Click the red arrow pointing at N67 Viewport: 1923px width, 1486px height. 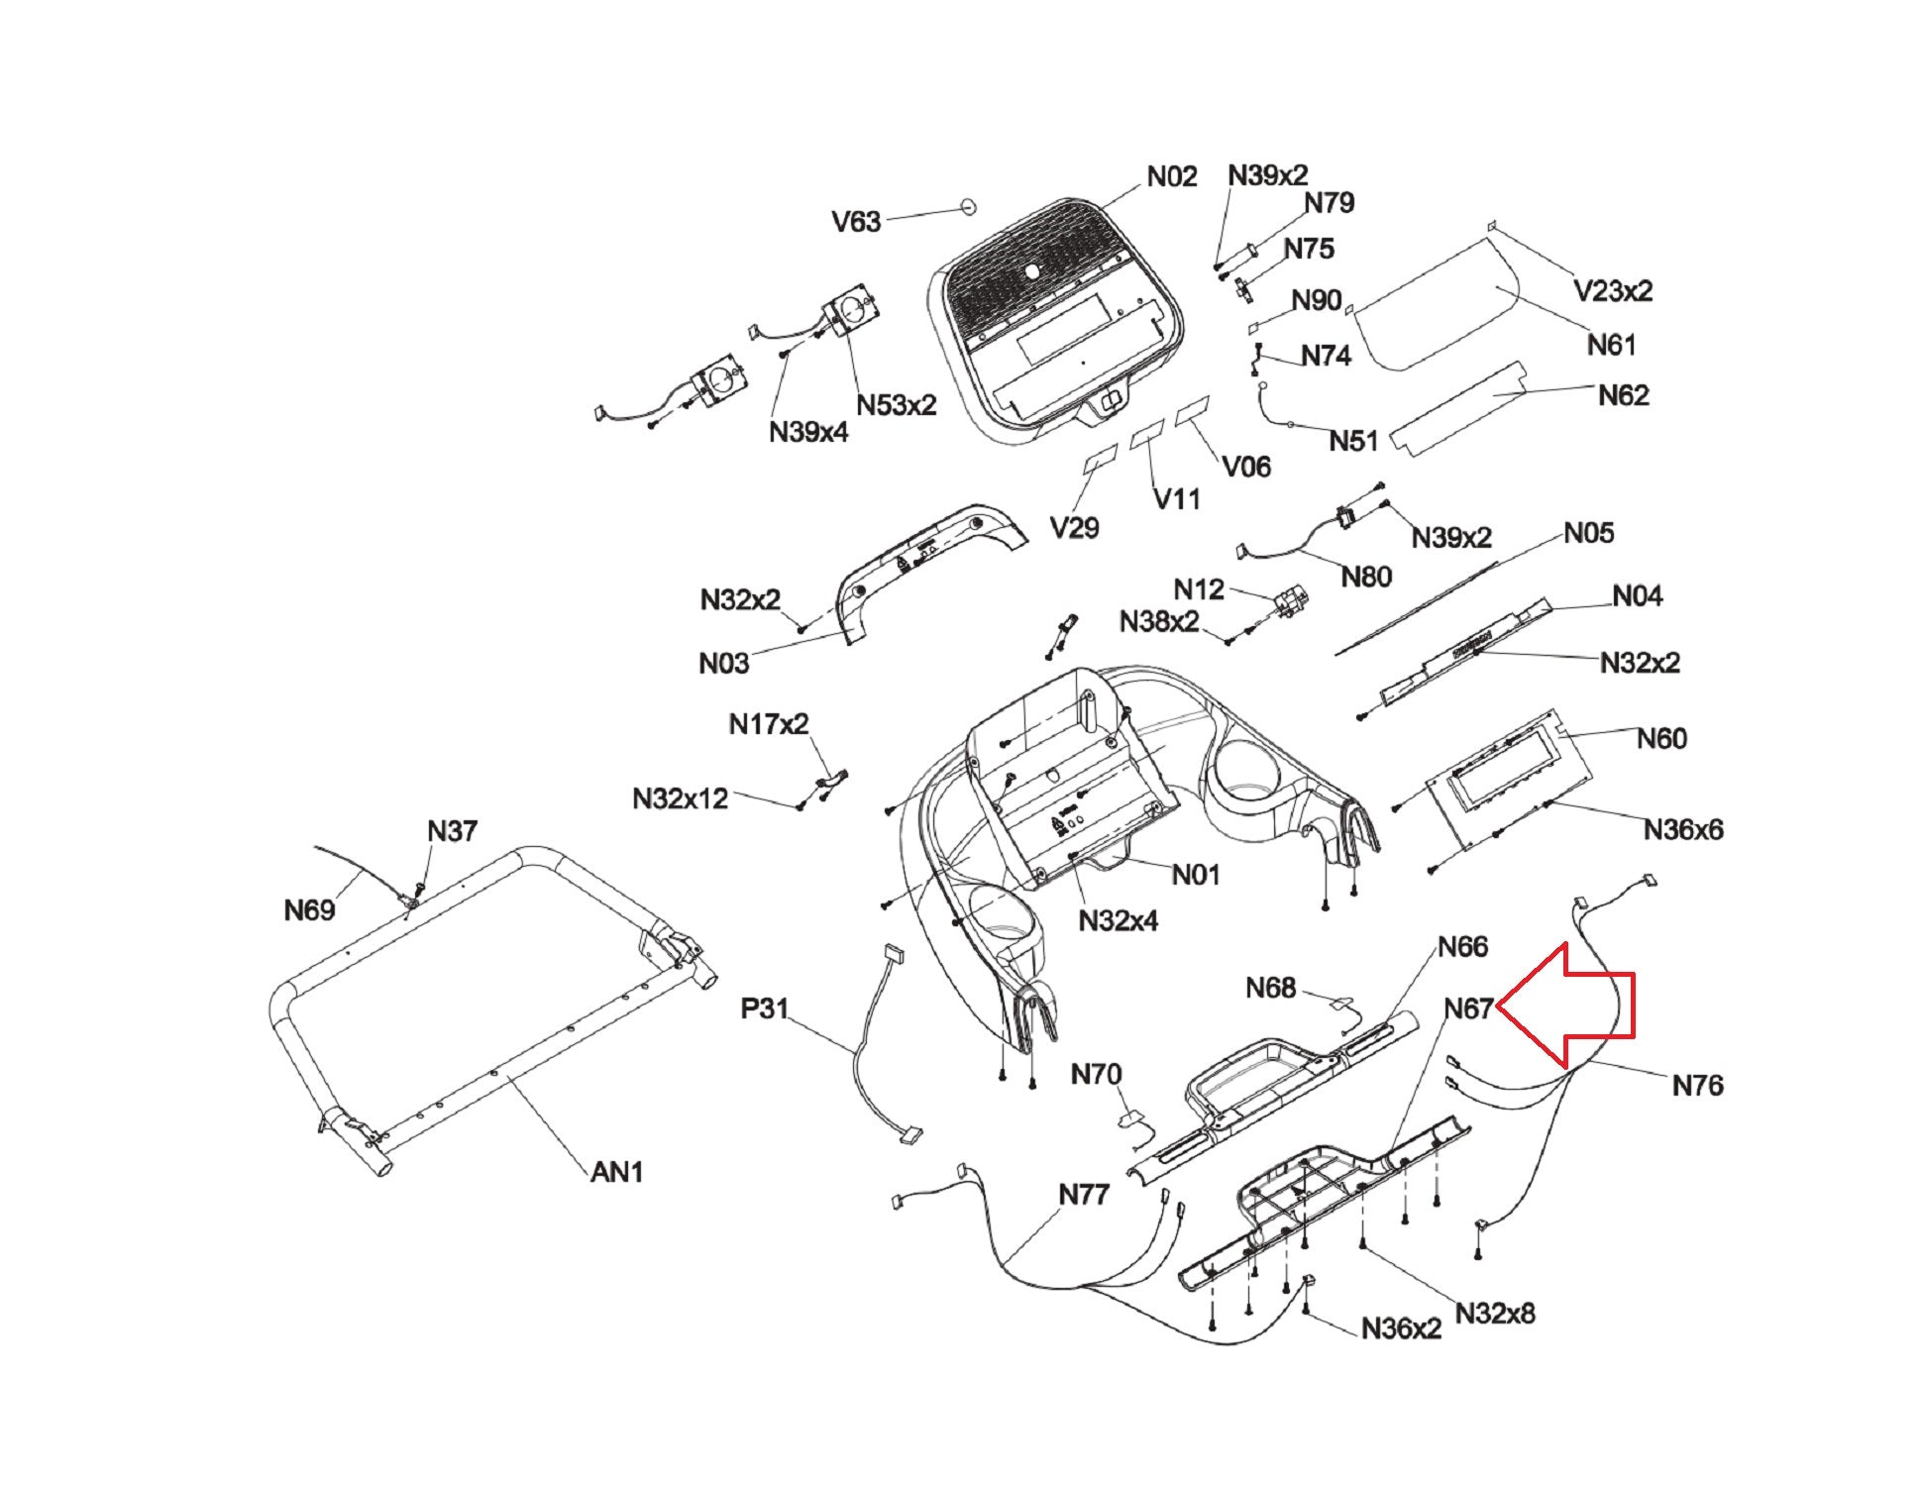pos(1565,1007)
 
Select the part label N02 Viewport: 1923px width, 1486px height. pos(1172,176)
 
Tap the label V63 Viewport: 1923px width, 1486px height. pos(856,221)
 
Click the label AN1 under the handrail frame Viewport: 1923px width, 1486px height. pos(617,1172)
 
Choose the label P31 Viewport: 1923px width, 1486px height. pos(765,1008)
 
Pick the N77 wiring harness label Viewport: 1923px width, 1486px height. pos(1084,1195)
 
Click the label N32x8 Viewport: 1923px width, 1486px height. pos(1495,1314)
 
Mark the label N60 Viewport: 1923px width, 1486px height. pos(1662,738)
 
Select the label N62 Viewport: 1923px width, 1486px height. pos(1624,395)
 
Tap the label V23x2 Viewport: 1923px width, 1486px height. pos(1613,290)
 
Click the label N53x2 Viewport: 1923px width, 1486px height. pos(897,405)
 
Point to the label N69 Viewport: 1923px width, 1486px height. pos(309,909)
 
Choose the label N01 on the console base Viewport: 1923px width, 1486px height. pos(1196,875)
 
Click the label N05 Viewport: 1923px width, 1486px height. pos(1589,533)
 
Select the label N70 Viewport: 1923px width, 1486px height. pos(1097,1074)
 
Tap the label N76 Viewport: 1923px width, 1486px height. pos(1698,1086)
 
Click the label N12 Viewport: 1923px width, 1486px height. pos(1199,589)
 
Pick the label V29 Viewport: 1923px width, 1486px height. pos(1075,528)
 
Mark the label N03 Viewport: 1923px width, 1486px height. pos(724,663)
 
